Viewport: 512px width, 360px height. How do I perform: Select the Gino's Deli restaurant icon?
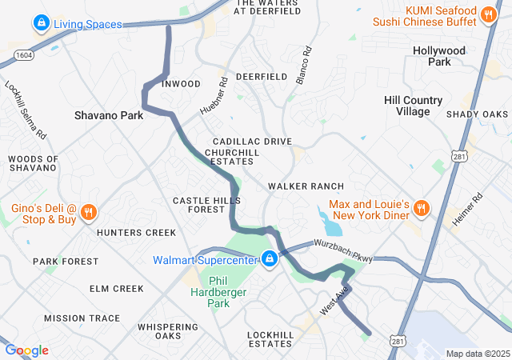pos(89,213)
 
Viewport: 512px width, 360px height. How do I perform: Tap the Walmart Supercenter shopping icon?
pos(270,259)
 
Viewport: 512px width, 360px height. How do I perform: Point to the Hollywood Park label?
pos(438,56)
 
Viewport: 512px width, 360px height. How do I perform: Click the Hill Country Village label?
pos(413,106)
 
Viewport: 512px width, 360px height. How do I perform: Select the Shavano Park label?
pos(109,115)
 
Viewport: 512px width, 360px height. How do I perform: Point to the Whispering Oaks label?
pos(168,331)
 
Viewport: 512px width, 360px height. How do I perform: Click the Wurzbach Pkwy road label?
pos(343,250)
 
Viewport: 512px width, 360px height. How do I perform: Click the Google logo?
pos(26,350)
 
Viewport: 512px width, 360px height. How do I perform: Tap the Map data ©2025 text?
pos(477,354)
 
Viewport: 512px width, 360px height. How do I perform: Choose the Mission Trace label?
pos(82,318)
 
